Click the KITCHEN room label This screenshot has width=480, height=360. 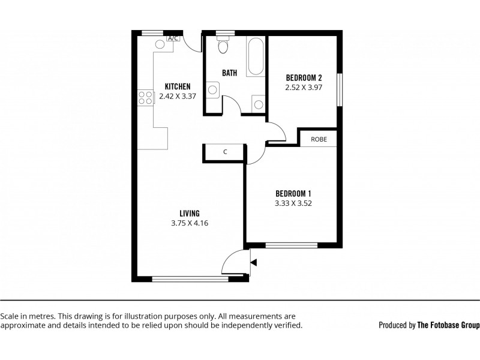tap(178, 86)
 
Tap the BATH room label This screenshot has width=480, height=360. tap(229, 73)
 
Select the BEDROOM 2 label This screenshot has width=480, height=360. tap(304, 77)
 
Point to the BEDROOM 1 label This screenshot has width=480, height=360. tap(293, 193)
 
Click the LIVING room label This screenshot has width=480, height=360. tap(189, 213)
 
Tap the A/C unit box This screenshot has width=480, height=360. tap(173, 38)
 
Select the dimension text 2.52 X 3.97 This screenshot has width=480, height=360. tap(304, 87)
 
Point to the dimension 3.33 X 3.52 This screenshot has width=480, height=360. tap(293, 203)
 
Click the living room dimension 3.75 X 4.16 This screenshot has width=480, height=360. tap(189, 223)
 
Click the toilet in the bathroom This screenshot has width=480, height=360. tap(223, 46)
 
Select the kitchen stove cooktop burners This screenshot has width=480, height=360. tap(146, 97)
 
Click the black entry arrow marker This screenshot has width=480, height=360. tap(254, 262)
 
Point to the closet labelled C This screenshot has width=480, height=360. tap(225, 152)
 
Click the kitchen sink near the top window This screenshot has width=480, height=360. tap(160, 44)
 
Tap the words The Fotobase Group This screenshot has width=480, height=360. tap(449, 325)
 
